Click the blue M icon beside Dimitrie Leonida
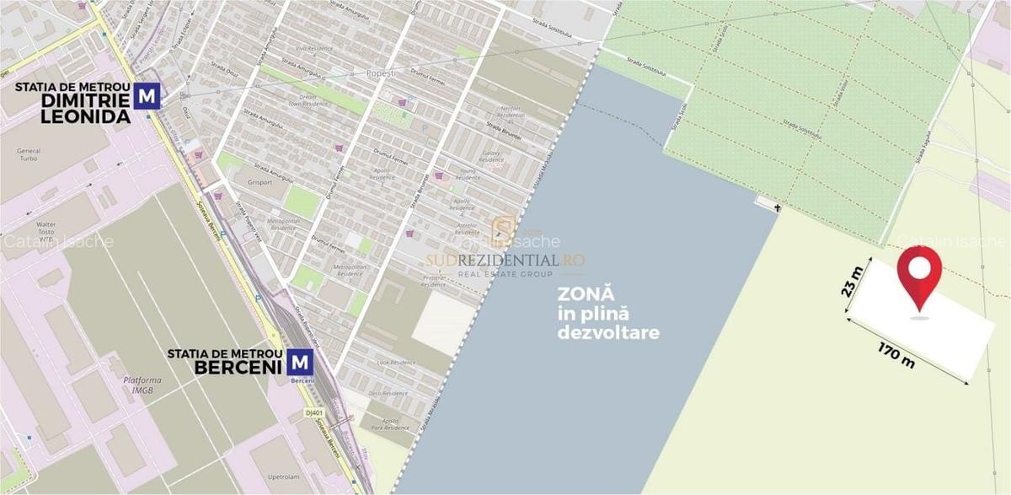[x=148, y=96]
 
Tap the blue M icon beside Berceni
[x=300, y=363]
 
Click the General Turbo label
[x=28, y=156]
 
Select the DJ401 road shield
[x=313, y=412]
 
